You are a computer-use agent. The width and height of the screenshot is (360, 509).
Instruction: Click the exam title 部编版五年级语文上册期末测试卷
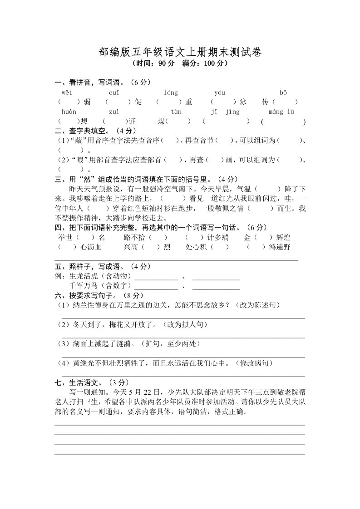(180, 53)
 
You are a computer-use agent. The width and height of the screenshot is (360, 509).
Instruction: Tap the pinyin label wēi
(67, 93)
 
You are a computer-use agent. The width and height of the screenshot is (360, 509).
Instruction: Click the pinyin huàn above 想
(70, 112)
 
